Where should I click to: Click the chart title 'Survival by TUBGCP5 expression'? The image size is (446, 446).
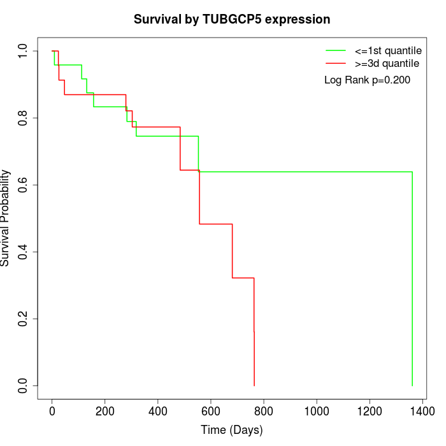point(232,20)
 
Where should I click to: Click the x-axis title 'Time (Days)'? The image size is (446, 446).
point(232,430)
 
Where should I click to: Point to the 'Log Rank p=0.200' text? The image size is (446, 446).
point(367,80)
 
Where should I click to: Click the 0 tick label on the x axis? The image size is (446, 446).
point(52,412)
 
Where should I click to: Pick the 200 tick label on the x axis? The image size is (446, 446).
point(105,412)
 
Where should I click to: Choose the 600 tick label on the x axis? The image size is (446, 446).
point(211,412)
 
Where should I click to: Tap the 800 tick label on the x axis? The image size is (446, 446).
point(264,412)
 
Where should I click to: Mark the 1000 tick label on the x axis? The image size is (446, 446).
point(317,412)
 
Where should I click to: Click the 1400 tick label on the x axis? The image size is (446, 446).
point(422,412)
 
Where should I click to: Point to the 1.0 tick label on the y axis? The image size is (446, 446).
point(23,51)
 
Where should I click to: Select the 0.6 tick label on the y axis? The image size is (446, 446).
point(23,185)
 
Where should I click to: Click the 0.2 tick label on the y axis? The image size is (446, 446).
point(23,319)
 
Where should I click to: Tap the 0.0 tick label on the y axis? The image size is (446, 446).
point(23,385)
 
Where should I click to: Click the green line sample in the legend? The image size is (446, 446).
point(335,50)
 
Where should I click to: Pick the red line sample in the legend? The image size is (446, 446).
point(335,64)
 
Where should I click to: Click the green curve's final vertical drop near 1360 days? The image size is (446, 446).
point(412,280)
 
